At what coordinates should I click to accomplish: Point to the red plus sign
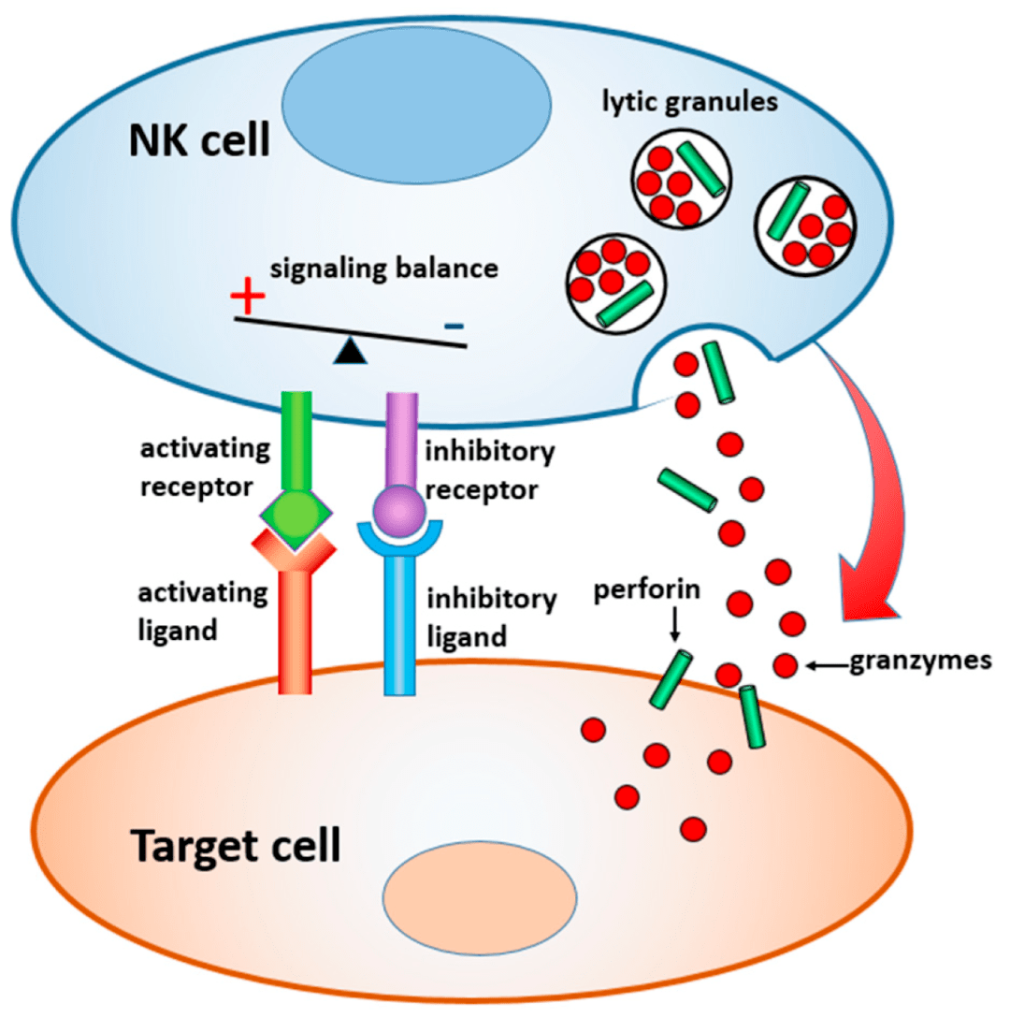pyautogui.click(x=248, y=299)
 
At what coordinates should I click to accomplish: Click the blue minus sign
pyautogui.click(x=454, y=326)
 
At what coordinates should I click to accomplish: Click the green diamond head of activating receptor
pyautogui.click(x=296, y=514)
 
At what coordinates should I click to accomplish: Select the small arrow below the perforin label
pyautogui.click(x=673, y=624)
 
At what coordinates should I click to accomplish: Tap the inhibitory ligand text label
pyautogui.click(x=491, y=618)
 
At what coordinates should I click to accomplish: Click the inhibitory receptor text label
pyautogui.click(x=490, y=471)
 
